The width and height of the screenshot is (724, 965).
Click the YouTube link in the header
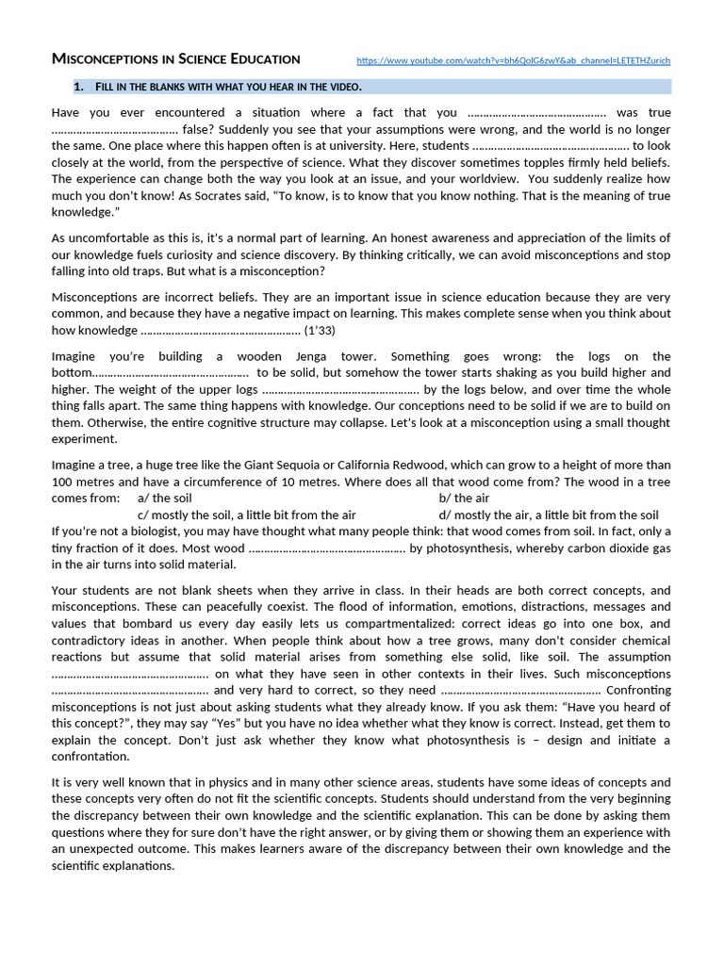[514, 60]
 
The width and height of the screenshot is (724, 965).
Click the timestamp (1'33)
[320, 331]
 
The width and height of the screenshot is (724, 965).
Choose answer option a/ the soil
[165, 498]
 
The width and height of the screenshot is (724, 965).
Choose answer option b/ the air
[464, 498]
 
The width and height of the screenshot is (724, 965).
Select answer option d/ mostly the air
[548, 515]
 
